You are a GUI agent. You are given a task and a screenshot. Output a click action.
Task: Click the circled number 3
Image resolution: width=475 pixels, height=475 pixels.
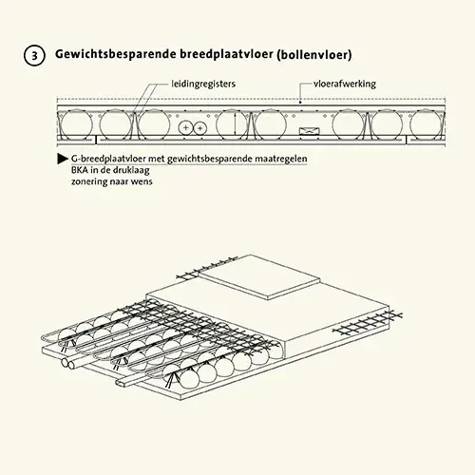(34, 55)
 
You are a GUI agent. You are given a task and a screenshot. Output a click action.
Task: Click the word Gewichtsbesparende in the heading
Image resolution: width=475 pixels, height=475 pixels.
(116, 54)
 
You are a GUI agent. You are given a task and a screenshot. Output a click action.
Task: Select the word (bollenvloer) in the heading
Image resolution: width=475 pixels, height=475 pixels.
(314, 55)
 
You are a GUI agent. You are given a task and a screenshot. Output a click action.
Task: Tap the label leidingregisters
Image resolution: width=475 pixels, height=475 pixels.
(203, 84)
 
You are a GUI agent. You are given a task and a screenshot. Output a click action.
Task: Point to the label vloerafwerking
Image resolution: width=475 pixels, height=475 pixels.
(345, 84)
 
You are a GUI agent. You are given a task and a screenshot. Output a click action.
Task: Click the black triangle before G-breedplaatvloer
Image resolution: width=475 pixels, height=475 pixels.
(63, 159)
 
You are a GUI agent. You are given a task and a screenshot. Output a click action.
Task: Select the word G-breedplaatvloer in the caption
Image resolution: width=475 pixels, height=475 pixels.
(108, 159)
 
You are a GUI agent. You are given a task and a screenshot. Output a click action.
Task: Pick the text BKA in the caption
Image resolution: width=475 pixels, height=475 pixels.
(80, 170)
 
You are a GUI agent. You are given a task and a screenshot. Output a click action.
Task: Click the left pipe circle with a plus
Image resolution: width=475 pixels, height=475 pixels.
(186, 128)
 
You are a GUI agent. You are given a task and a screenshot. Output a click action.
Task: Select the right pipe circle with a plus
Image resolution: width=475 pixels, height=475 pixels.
(199, 128)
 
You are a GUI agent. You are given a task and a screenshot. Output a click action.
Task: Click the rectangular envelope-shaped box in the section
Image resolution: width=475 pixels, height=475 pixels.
(310, 131)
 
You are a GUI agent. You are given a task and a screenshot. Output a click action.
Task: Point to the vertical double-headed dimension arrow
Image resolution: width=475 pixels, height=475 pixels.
(235, 124)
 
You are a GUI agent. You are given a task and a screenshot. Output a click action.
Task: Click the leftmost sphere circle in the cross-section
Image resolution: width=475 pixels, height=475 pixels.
(76, 124)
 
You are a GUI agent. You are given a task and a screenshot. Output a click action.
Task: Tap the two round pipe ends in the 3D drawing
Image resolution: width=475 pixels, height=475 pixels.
(68, 363)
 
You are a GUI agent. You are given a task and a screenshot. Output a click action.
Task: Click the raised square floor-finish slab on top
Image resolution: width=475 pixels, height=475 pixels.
(259, 276)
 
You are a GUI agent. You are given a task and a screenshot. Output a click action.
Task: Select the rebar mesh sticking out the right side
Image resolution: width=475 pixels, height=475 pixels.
(368, 324)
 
